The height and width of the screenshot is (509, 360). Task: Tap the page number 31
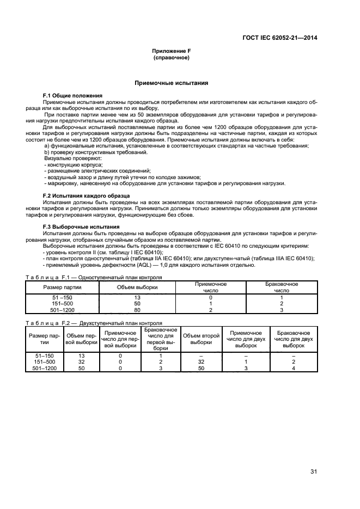pyautogui.click(x=313, y=471)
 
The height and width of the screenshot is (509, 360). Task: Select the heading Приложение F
pyautogui.click(x=171, y=51)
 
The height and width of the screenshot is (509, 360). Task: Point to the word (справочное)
pyautogui.click(x=171, y=57)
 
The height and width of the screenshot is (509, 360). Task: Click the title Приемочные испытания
pyautogui.click(x=171, y=83)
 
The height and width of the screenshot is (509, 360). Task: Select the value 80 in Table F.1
pyautogui.click(x=137, y=310)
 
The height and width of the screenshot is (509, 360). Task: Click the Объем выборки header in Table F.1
pyautogui.click(x=137, y=287)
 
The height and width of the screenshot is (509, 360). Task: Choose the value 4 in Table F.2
pyautogui.click(x=293, y=368)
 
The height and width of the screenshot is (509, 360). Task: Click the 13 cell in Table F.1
pyautogui.click(x=137, y=298)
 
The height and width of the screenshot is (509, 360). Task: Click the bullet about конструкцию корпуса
pyautogui.click(x=73, y=164)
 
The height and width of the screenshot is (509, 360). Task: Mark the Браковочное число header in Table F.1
pyautogui.click(x=280, y=287)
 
